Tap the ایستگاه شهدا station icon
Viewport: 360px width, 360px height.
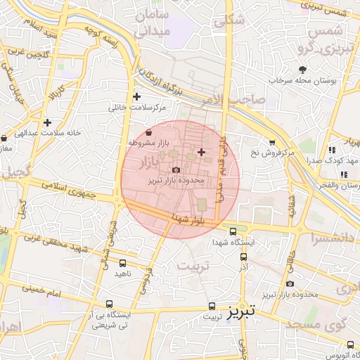(233, 231)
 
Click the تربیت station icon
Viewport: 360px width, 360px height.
(212, 306)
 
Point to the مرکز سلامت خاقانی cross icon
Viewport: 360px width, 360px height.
(136, 97)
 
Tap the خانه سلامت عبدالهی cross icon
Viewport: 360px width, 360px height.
(47, 122)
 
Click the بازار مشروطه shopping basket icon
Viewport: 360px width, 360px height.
(148, 132)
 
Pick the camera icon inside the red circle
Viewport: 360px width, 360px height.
(176, 169)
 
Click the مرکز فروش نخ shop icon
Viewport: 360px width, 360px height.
(273, 141)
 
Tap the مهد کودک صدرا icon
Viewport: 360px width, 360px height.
(332, 149)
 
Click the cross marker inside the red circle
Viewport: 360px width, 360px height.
(202, 152)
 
